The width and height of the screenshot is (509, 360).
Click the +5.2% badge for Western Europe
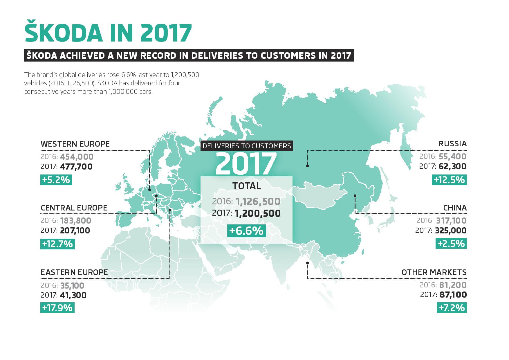pyautogui.click(x=56, y=180)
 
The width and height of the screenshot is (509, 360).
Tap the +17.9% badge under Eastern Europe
pyautogui.click(x=57, y=307)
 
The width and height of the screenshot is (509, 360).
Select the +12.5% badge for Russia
pyautogui.click(x=450, y=180)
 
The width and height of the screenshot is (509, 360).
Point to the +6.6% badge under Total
pyautogui.click(x=246, y=231)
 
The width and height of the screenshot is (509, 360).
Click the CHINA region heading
pyautogui.click(x=455, y=208)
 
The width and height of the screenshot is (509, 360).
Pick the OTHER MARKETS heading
pyautogui.click(x=434, y=272)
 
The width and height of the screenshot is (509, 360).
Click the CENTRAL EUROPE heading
pyautogui.click(x=74, y=208)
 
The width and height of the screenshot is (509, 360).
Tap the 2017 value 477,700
pyautogui.click(x=76, y=167)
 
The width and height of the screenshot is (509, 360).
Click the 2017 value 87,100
pyautogui.click(x=453, y=295)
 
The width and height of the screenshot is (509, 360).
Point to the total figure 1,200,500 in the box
pyautogui.click(x=258, y=214)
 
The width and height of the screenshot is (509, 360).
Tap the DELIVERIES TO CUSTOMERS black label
pyautogui.click(x=247, y=146)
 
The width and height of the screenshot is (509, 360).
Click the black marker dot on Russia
pyautogui.click(x=307, y=166)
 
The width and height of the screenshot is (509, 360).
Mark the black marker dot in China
pyautogui.click(x=355, y=196)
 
